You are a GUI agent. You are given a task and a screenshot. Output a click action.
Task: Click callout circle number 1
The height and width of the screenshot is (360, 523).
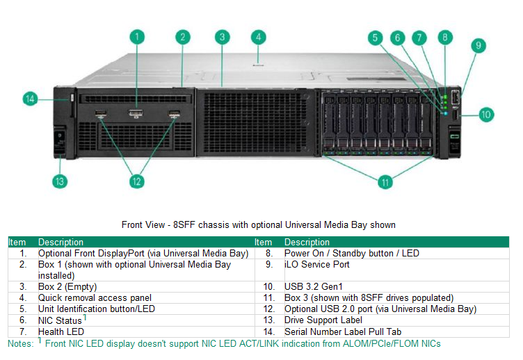pos(138,37)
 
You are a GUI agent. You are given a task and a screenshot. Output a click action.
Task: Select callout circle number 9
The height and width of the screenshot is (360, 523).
pos(477,47)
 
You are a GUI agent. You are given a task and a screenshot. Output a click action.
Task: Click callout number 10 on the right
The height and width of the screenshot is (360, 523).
pos(485,114)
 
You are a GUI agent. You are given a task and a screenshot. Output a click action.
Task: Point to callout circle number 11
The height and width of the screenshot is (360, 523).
pos(385,182)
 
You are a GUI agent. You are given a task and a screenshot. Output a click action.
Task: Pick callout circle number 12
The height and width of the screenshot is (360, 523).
pos(138,182)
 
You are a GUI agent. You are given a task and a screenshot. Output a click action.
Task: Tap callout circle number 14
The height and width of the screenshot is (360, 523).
pos(30,99)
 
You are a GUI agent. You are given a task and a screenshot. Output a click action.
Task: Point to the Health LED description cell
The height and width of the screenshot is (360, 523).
pos(61,332)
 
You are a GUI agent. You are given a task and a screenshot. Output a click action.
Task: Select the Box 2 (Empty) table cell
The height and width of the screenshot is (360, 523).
pos(67,286)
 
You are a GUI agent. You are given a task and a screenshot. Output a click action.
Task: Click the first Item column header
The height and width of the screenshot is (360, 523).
pos(17,242)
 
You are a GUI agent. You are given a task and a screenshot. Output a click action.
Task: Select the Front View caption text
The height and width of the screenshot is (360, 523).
pos(258,224)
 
